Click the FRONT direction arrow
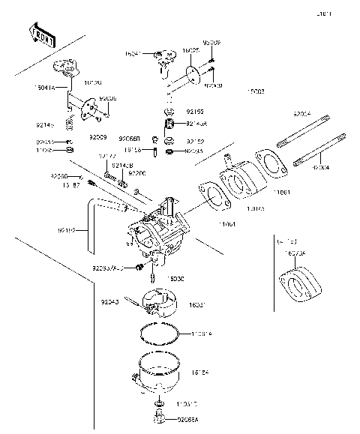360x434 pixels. (41, 35)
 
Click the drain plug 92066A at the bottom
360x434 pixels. (158, 415)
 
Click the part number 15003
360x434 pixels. (255, 91)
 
